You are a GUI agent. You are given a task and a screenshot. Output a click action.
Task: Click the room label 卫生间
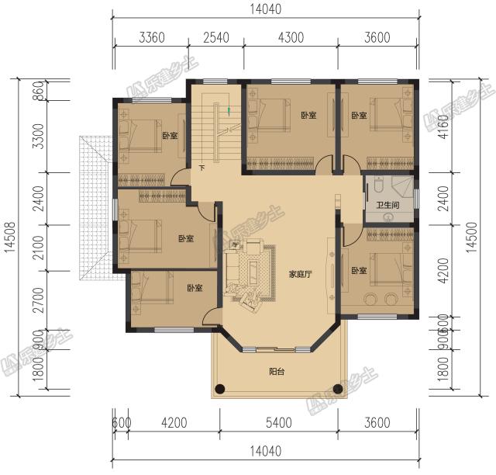(x=387, y=206)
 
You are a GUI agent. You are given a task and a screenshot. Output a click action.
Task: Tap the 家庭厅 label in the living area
(x=300, y=274)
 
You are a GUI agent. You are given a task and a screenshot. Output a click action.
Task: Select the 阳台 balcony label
(x=277, y=372)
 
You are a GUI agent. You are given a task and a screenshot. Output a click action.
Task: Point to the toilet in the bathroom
(x=377, y=185)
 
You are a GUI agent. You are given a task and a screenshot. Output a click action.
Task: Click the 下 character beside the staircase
(x=201, y=168)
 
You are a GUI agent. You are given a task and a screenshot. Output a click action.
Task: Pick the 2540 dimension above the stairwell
(x=217, y=37)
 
